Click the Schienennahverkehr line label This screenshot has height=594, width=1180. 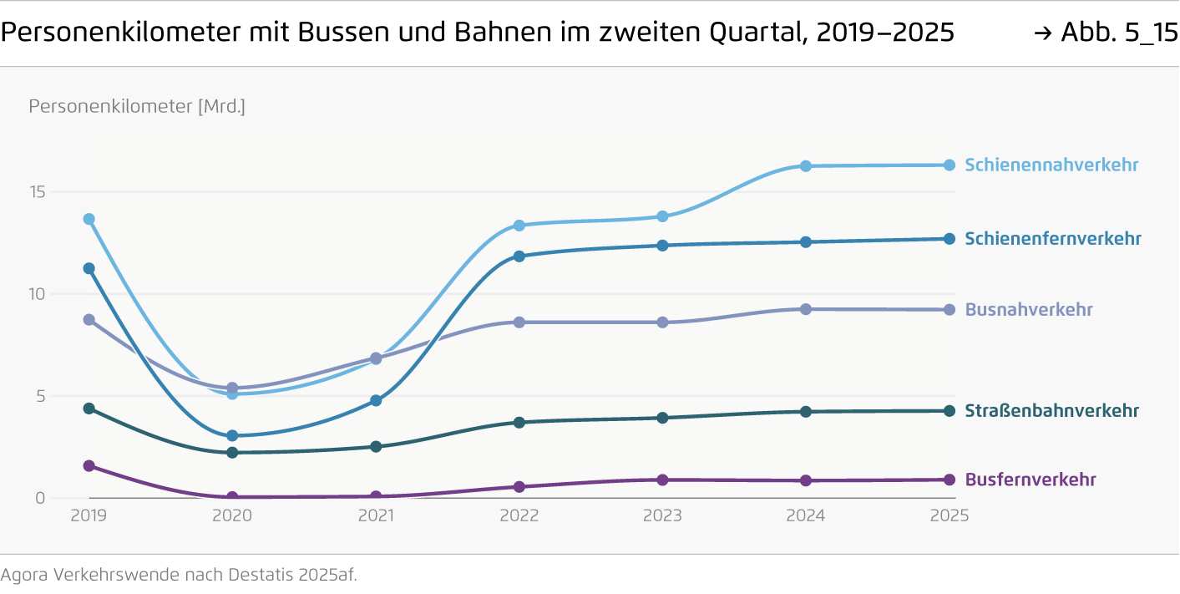pos(1051,165)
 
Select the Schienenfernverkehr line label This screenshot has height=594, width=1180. pos(1052,239)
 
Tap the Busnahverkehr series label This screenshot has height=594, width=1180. pos(1028,310)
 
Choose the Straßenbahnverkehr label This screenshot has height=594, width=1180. pos(1051,411)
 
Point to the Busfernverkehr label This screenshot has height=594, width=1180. pos(1030,480)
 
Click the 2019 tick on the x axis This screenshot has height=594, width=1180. pos(89,515)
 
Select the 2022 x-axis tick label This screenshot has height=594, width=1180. pos(519,515)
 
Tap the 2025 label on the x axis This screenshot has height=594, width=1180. pos(949,515)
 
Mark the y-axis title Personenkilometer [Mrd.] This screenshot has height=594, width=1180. pos(137,107)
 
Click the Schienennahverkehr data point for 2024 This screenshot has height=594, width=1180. pos(806,166)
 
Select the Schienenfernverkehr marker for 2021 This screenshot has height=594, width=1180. pos(376,400)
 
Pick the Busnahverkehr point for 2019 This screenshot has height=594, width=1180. pos(89,320)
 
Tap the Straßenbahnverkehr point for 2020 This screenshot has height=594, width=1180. pos(232,452)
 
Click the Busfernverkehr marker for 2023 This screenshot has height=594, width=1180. pos(662,480)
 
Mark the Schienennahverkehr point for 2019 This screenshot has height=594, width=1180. pos(89,219)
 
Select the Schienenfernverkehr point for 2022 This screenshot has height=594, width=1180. pos(519,256)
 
